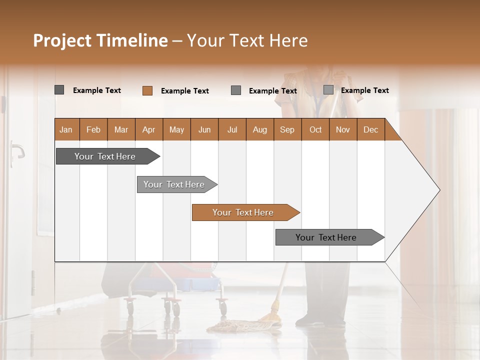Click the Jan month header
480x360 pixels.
point(66,129)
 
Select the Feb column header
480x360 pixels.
point(93,129)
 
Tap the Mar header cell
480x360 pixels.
point(121,129)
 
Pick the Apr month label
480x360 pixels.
point(148,129)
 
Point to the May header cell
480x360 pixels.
point(176,129)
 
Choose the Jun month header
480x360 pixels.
point(204,129)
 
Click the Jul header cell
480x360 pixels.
point(232,129)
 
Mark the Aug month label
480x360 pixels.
point(259,129)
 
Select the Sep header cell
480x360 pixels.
point(287,129)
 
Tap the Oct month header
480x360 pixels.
point(315,129)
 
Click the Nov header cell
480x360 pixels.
point(342,129)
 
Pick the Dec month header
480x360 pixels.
point(370,129)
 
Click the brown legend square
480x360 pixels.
point(147,90)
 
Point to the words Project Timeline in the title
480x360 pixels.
point(100,40)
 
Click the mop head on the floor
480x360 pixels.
point(237,326)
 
